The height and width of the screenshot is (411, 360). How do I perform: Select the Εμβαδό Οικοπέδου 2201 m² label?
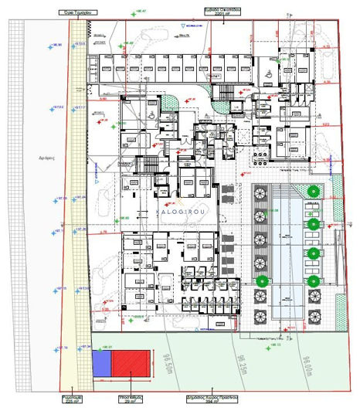coord(219,12)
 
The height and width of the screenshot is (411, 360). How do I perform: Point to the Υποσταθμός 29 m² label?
coord(129,399)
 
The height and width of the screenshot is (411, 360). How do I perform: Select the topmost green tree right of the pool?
coord(312,192)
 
